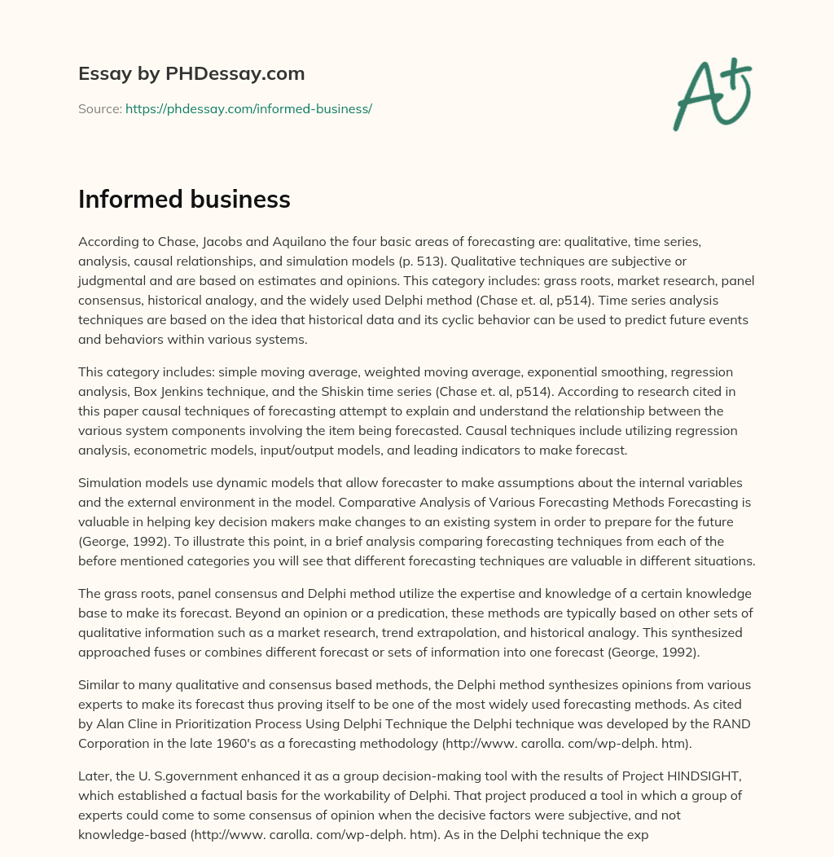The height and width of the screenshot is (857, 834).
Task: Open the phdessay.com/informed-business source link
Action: click(x=248, y=108)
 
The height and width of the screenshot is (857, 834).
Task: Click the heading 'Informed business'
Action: click(x=184, y=200)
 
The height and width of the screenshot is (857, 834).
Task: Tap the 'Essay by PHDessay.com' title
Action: click(x=191, y=73)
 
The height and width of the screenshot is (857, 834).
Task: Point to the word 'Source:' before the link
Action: click(x=100, y=108)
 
